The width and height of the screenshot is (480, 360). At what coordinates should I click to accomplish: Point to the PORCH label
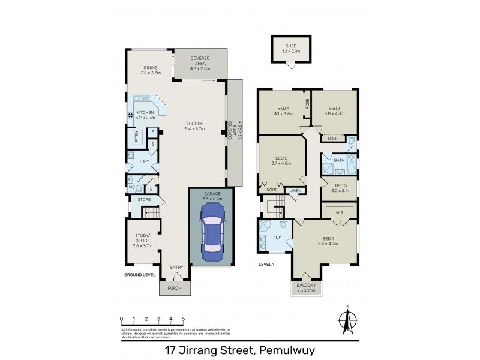click(x=174, y=287)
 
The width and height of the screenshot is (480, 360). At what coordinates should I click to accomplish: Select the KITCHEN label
click(x=145, y=112)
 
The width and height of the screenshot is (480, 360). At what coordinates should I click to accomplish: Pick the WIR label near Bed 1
click(x=339, y=212)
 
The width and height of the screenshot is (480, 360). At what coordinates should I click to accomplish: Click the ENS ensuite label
click(x=277, y=238)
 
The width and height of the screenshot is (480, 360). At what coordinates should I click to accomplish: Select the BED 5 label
click(x=341, y=185)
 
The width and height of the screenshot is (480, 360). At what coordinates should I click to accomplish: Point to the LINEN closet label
click(x=294, y=191)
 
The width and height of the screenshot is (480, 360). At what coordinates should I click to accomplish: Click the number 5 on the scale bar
click(x=183, y=319)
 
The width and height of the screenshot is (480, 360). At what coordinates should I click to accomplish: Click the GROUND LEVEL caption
click(x=140, y=274)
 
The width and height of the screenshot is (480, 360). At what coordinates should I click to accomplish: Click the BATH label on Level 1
click(x=339, y=160)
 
